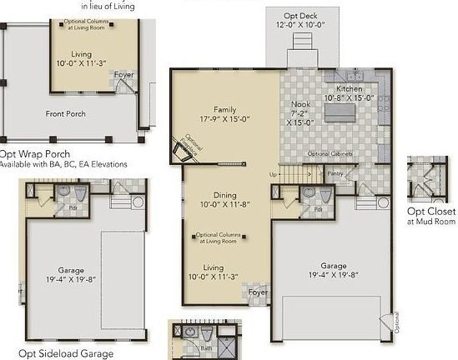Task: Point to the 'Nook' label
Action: click(300, 105)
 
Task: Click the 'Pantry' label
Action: click(335, 174)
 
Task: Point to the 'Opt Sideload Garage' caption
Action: click(66, 353)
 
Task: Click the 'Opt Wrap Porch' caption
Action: click(33, 153)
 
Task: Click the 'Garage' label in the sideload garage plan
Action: click(71, 270)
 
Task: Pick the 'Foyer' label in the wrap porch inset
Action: click(125, 82)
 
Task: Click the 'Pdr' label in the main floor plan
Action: click(318, 208)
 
